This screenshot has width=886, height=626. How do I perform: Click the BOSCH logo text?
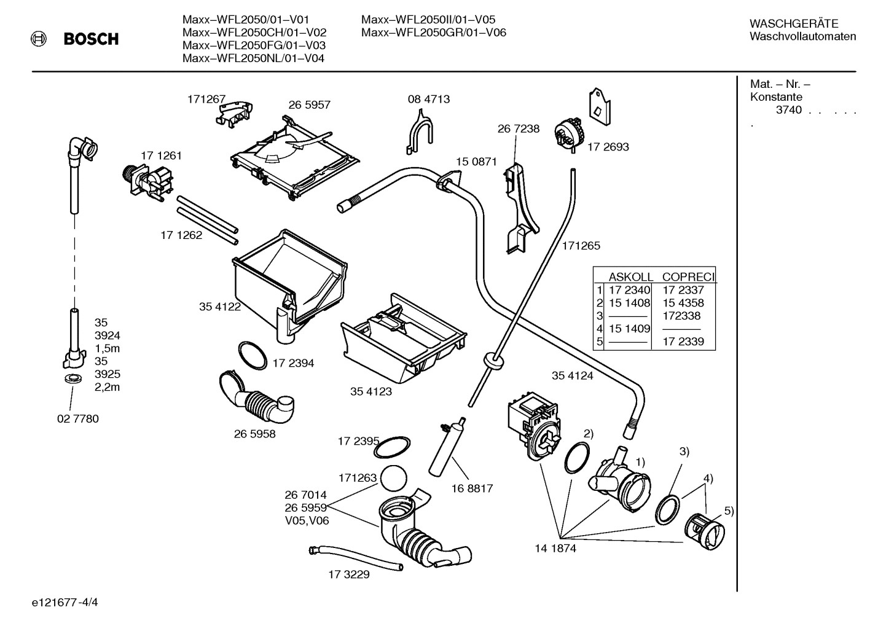point(91,39)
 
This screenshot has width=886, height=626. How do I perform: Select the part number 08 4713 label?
point(428,99)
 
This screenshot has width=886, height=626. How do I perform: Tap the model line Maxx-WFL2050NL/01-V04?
point(253,58)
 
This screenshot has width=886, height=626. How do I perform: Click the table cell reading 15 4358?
point(683,303)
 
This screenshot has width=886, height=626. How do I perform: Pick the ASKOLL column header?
point(630,277)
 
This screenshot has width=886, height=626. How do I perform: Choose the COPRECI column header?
point(688,277)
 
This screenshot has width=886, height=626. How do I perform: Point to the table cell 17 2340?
point(629,290)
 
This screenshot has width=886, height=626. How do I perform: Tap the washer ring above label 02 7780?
point(73,377)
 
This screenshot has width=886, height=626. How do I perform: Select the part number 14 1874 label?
point(555,549)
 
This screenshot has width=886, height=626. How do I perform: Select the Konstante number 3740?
point(789,110)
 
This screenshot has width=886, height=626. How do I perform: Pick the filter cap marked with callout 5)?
point(704,531)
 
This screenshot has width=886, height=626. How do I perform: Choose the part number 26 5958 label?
point(254,434)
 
